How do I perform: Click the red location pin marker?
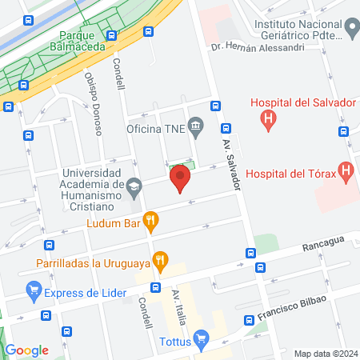point(181,178)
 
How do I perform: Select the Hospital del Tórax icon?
point(346,170)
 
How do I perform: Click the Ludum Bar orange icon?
point(150,220)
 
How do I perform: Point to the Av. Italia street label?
point(178,307)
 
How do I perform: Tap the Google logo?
point(26,350)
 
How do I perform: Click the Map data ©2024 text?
point(325,354)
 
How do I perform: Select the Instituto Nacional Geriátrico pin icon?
point(351,30)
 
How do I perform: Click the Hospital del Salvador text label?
point(302,102)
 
